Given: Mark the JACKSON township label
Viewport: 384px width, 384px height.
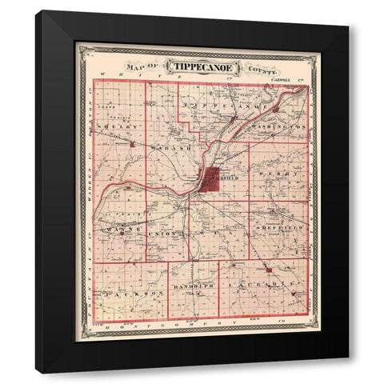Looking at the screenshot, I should [x=127, y=294].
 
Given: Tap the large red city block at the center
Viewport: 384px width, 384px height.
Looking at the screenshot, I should [x=211, y=178].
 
